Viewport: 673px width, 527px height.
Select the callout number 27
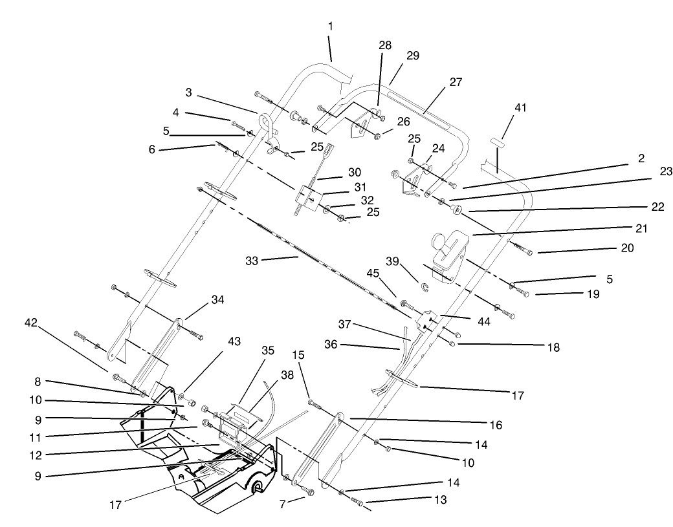click(x=456, y=81)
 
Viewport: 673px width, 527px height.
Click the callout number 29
click(x=412, y=56)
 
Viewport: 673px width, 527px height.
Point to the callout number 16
click(x=494, y=425)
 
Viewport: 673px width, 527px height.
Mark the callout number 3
click(x=188, y=92)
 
